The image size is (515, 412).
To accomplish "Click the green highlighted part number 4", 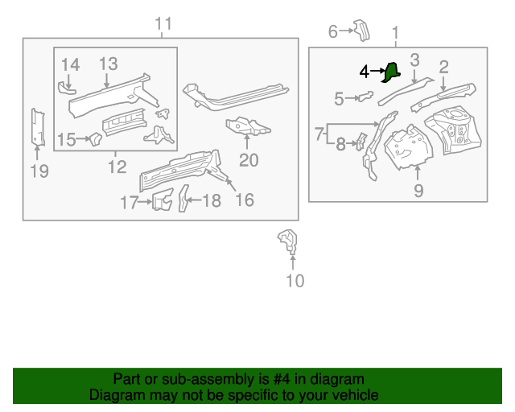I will coord(391,72).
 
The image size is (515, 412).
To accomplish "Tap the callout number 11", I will coord(163,24).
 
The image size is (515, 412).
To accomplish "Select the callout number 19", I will coord(39,171).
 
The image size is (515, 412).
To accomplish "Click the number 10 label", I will coord(295,281).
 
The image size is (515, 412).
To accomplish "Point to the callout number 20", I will coord(249,160).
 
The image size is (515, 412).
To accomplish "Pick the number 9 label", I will coord(418,190).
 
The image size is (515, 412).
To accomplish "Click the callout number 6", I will coord(333,31).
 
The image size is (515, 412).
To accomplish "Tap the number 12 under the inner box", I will coord(117,167).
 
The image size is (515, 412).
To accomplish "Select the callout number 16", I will coord(244,200).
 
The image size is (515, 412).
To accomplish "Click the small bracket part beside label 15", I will coord(93,140).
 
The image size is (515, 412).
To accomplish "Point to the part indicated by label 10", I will coord(287,241).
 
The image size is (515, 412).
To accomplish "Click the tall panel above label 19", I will coord(37,127).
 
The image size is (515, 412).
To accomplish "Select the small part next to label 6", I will coord(360,29).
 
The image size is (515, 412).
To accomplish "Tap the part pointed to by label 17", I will coord(163,200).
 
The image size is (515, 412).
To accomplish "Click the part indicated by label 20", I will coord(247,127).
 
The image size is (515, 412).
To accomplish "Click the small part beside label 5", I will coord(366,97).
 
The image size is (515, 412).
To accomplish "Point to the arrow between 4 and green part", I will coord(377,72).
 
